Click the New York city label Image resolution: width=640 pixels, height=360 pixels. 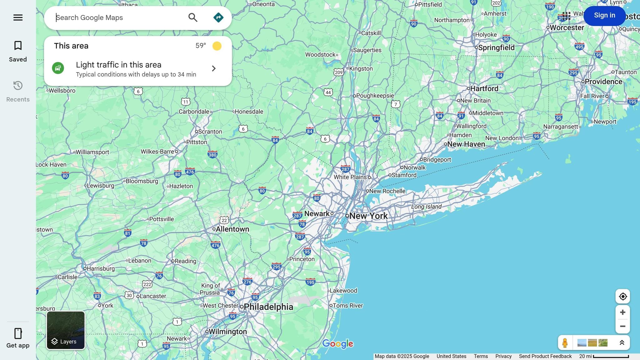tap(368, 216)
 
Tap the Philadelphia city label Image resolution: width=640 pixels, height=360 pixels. tap(268, 307)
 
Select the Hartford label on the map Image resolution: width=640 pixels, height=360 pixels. tap(484, 89)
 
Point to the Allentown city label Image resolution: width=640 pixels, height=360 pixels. tap(232, 229)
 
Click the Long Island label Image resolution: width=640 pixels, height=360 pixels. tap(426, 207)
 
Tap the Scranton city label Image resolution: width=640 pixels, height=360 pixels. tap(210, 132)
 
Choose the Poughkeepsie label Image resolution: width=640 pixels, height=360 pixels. tap(375, 96)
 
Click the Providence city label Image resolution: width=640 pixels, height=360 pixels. tap(603, 82)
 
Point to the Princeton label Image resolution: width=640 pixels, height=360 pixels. tap(302, 259)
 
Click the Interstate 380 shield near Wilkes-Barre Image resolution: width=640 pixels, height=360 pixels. tap(212, 155)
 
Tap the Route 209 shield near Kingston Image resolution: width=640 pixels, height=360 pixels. tap(338, 72)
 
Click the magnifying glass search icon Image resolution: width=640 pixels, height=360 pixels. tap(193, 17)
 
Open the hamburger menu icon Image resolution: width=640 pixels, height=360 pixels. tap(18, 17)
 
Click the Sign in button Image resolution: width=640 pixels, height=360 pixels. tap(604, 15)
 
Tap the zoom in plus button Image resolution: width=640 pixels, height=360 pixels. tap(622, 312)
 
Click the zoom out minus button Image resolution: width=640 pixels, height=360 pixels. tap(622, 326)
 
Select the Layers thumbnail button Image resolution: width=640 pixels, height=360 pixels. tap(66, 330)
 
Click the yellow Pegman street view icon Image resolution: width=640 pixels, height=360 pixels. tap(565, 343)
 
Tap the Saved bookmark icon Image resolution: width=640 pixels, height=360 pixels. tap(18, 46)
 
